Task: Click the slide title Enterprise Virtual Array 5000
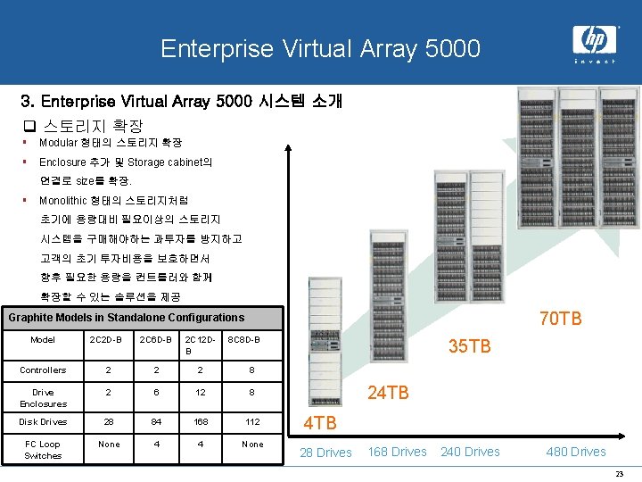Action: tap(320, 48)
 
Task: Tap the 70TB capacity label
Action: tap(561, 318)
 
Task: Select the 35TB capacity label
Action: tap(469, 345)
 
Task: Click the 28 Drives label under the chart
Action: tap(325, 453)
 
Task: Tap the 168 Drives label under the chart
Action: tap(397, 452)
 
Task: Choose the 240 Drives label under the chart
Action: tap(470, 452)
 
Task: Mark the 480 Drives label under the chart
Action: tap(575, 452)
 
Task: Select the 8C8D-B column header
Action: tap(243, 340)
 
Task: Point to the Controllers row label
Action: tap(43, 370)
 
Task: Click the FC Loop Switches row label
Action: tap(43, 449)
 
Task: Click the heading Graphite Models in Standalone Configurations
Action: tap(126, 317)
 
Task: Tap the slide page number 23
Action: tap(620, 474)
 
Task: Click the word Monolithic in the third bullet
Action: tap(63, 200)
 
